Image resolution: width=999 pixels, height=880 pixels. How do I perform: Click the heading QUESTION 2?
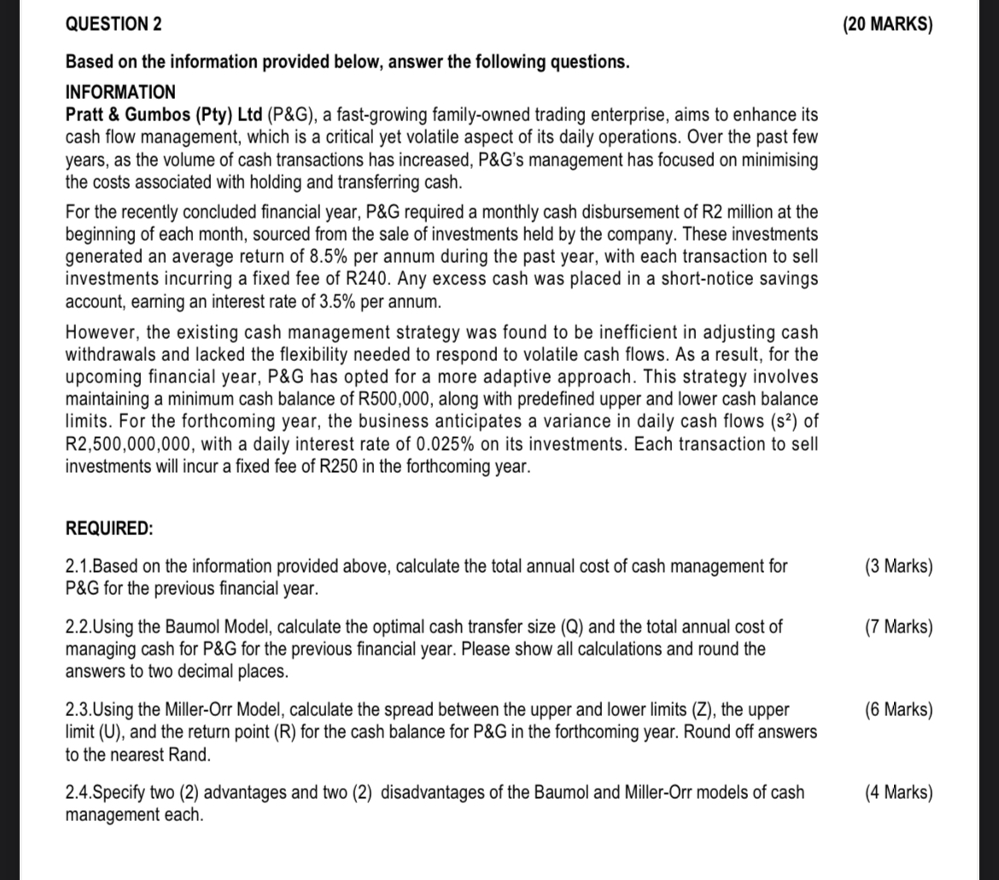pos(114,24)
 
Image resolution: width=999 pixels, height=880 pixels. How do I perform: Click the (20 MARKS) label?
pos(887,24)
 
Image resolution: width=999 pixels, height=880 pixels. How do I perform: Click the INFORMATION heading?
pos(120,91)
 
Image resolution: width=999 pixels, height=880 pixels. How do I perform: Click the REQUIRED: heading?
pos(109,528)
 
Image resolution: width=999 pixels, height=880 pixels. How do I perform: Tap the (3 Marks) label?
pos(898,566)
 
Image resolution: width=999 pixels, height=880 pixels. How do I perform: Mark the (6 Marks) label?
pos(898,709)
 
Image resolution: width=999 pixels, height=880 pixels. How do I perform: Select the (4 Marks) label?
pos(898,792)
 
